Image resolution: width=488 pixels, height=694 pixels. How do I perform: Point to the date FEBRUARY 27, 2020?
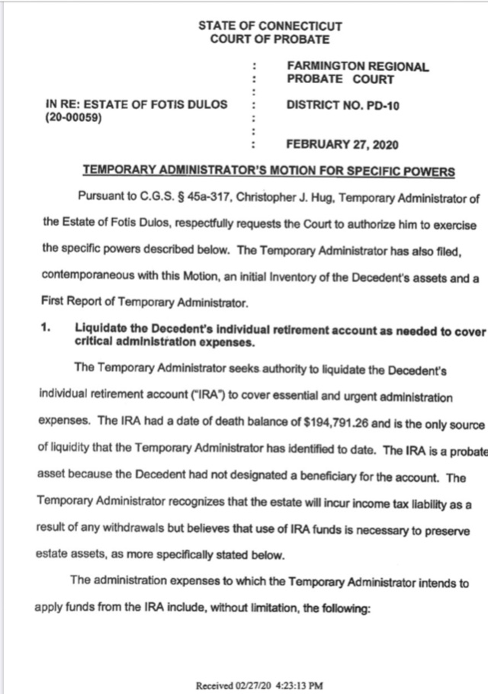342,144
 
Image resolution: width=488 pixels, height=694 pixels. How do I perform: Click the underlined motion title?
268,172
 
